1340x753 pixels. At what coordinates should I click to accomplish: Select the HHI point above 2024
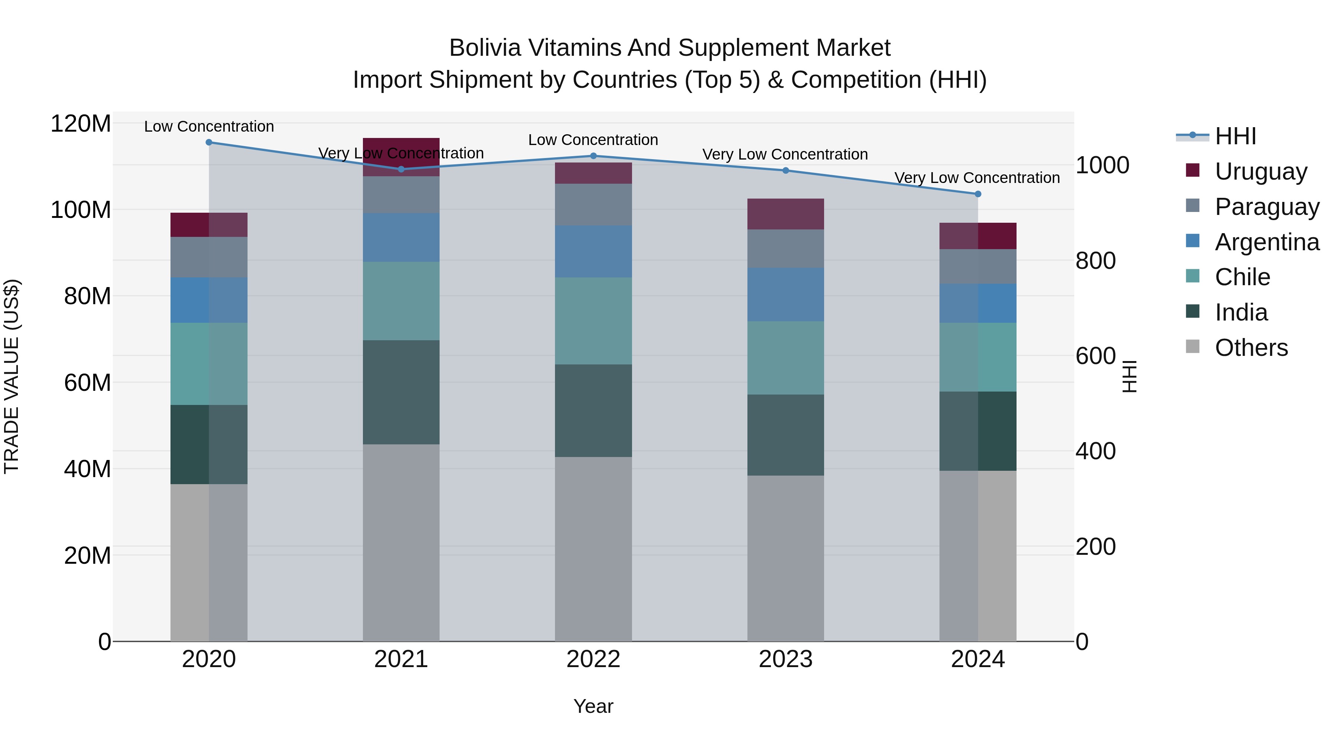coord(978,194)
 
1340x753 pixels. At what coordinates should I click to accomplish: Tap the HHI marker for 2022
coord(594,156)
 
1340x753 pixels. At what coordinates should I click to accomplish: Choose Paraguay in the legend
coord(1267,207)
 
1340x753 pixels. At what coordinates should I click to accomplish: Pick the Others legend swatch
coord(1192,347)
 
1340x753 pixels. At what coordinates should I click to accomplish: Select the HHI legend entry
coord(1235,136)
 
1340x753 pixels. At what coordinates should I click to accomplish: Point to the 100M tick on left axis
coord(81,210)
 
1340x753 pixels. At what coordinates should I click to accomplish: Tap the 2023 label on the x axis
coord(785,659)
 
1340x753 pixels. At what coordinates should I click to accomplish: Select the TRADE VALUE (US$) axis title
coord(12,376)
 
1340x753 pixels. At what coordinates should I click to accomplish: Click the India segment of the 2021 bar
coord(401,392)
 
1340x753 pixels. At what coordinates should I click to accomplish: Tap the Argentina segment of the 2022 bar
coord(594,251)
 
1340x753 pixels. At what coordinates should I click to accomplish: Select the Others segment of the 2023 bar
coord(785,558)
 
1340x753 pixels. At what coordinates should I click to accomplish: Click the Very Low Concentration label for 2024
coord(977,178)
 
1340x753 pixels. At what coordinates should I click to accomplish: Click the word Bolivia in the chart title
coord(485,48)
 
